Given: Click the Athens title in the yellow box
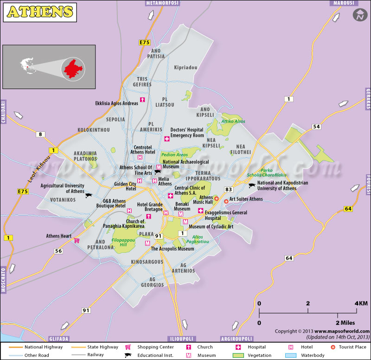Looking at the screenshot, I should point(40,12).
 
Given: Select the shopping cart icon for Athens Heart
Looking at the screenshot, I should point(77,240).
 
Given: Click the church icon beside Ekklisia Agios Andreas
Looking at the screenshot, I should point(142,100).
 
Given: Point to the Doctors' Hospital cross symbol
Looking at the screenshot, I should point(167,139).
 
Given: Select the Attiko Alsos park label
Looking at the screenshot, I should point(233,122).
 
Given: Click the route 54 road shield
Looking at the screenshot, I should point(316,127).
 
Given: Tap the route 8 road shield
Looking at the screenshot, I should point(40,135).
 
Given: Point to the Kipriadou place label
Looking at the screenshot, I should point(185,68).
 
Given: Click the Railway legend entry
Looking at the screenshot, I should point(96,355).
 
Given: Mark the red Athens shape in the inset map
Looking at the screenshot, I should point(74,69).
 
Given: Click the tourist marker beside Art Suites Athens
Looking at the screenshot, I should point(226,201).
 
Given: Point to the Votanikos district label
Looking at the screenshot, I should point(63,199).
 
